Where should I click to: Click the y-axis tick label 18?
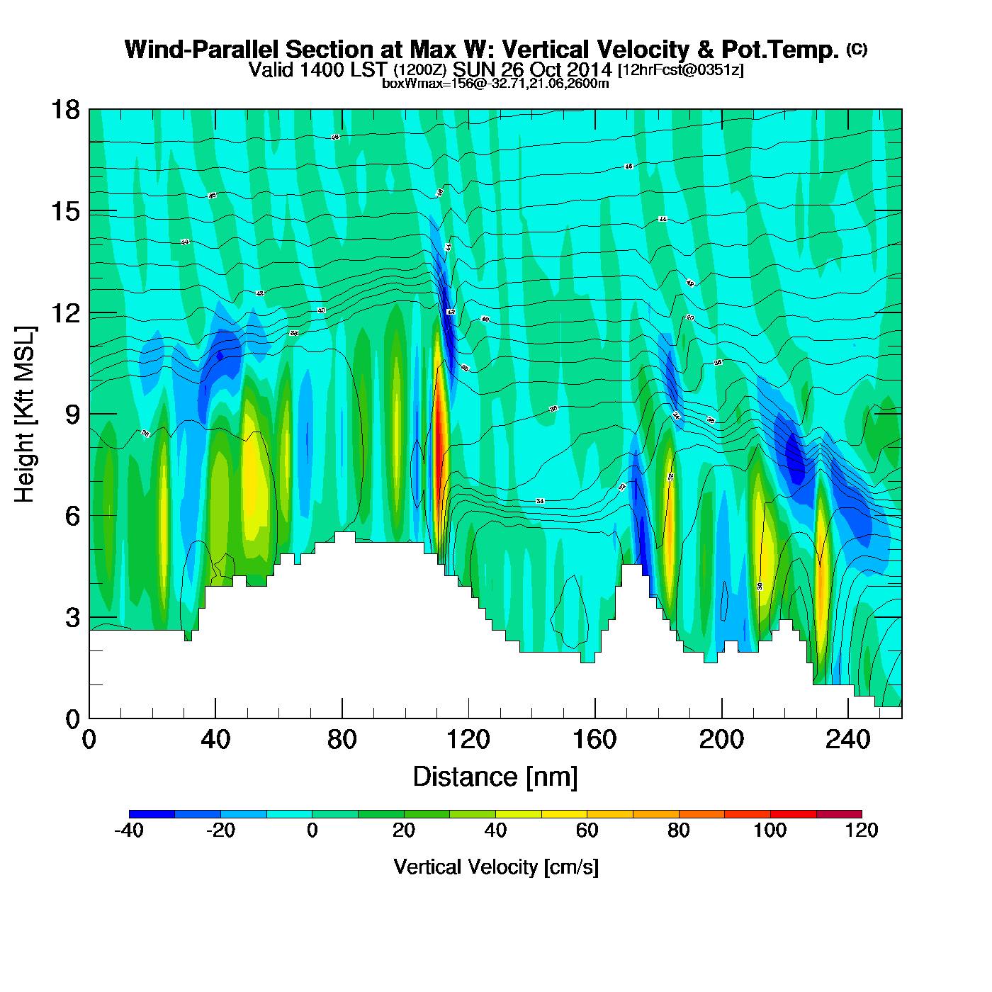(x=64, y=110)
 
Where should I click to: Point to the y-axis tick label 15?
(x=64, y=211)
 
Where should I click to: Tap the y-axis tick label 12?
(x=64, y=312)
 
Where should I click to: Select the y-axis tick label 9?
(x=72, y=414)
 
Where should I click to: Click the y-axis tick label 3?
(x=72, y=617)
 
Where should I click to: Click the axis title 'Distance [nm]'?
(x=495, y=777)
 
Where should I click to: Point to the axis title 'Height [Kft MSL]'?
(x=25, y=415)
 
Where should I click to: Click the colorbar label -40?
(x=129, y=830)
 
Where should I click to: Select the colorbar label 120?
(x=862, y=830)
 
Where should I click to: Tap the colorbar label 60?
(x=587, y=830)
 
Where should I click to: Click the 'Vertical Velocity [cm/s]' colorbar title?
(x=496, y=867)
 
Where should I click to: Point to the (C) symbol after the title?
(x=857, y=49)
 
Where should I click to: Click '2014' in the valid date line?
(x=590, y=69)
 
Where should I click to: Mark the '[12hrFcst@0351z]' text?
(x=681, y=70)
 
